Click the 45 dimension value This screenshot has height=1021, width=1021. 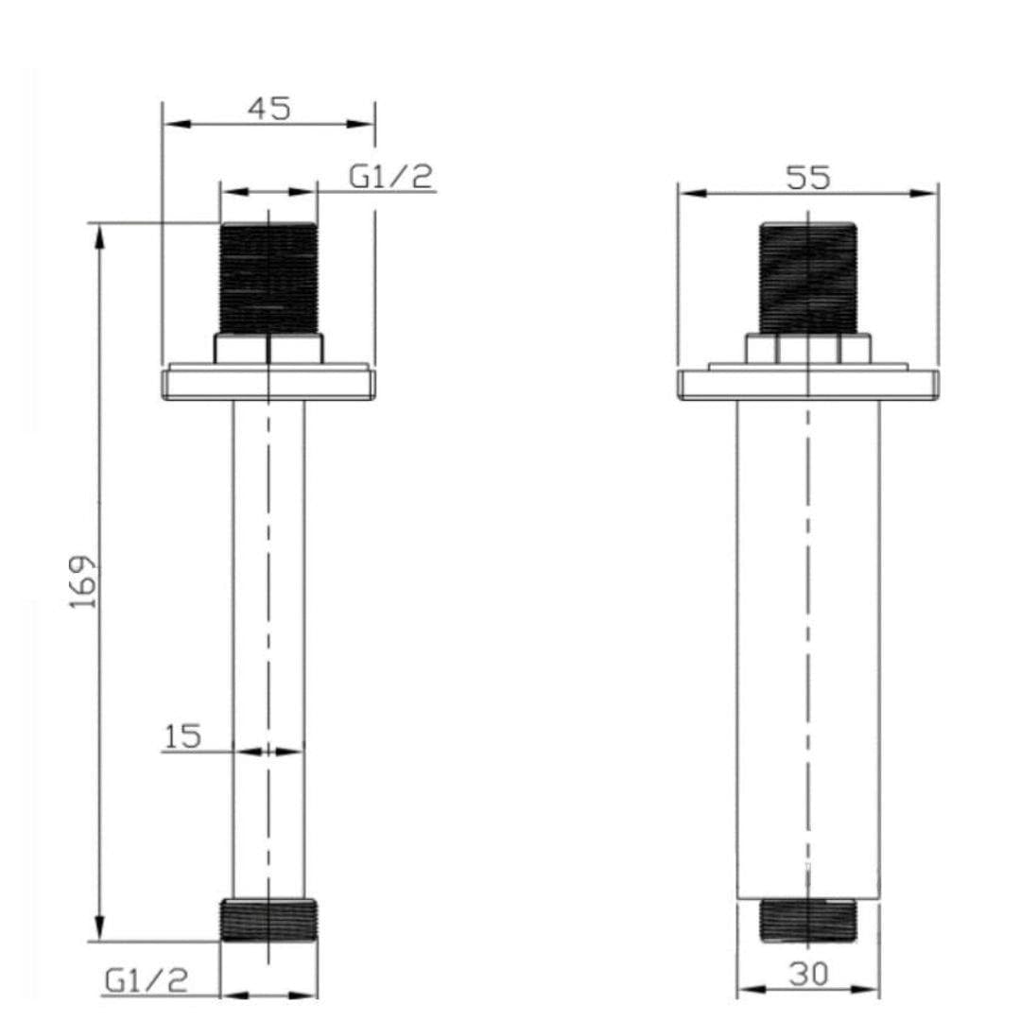click(x=269, y=109)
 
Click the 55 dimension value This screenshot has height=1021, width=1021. click(x=808, y=177)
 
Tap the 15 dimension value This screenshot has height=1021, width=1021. click(x=182, y=736)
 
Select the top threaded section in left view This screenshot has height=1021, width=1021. click(x=268, y=278)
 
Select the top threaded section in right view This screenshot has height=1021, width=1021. click(x=808, y=278)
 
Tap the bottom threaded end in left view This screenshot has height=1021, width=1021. click(x=268, y=920)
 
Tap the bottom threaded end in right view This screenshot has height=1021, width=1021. click(x=808, y=920)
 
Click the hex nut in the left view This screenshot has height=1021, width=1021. click(x=268, y=349)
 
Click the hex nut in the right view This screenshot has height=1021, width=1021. click(x=808, y=349)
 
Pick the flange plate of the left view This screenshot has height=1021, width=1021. click(x=268, y=384)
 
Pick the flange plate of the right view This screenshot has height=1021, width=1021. click(x=808, y=384)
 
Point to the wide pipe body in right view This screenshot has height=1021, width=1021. click(x=808, y=643)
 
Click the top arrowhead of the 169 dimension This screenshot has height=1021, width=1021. click(x=99, y=236)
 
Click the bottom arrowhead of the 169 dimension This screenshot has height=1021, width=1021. click(x=99, y=928)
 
